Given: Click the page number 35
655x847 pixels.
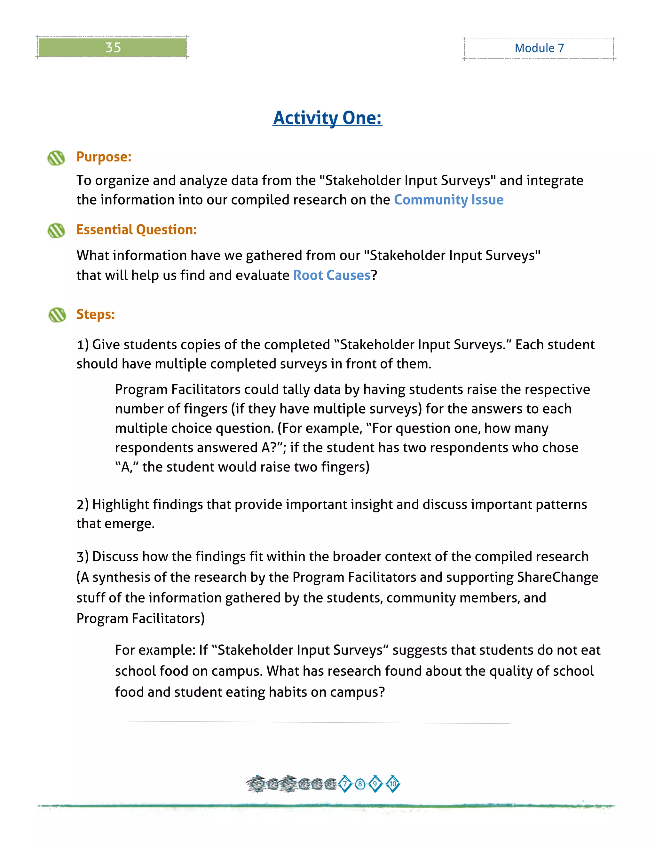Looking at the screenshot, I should click(x=113, y=47).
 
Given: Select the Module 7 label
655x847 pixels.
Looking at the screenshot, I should click(x=539, y=48).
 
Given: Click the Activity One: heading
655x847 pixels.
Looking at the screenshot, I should click(x=327, y=118).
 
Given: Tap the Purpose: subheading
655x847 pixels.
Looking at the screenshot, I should click(x=104, y=157).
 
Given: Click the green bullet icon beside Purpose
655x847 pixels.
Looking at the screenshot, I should click(x=56, y=158).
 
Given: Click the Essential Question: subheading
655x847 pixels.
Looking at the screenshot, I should click(x=137, y=229).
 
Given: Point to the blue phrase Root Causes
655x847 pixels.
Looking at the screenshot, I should click(x=332, y=275).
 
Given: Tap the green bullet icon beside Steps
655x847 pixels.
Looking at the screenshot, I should click(x=57, y=315).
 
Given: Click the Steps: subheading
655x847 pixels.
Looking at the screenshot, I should click(x=95, y=314).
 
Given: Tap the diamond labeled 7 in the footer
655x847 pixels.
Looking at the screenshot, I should click(x=344, y=784).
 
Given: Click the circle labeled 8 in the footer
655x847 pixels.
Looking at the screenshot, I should click(x=360, y=784).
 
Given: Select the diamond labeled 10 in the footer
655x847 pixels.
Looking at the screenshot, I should click(x=393, y=784).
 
